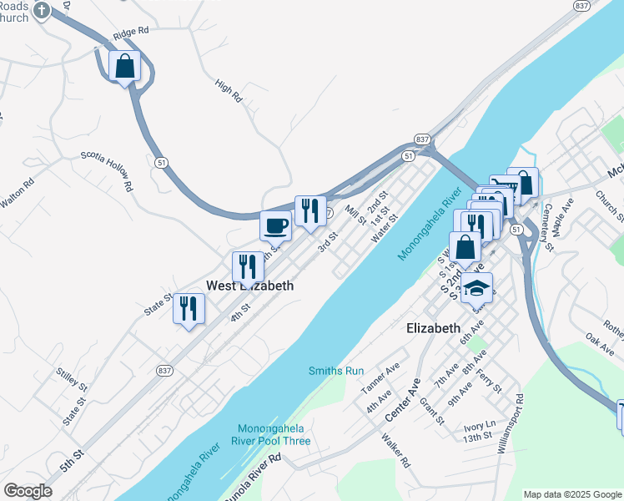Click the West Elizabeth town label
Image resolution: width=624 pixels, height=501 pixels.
pyautogui.click(x=250, y=286)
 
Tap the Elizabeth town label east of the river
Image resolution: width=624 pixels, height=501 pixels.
pyautogui.click(x=433, y=328)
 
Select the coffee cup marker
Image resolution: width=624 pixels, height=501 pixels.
pyautogui.click(x=275, y=225)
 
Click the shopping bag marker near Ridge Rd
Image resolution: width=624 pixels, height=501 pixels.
pyautogui.click(x=125, y=66)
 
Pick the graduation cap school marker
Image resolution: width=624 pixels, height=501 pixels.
pyautogui.click(x=476, y=288)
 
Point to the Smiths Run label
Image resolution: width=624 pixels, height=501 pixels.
pyautogui.click(x=336, y=370)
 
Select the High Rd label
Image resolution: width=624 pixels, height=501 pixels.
pyautogui.click(x=228, y=91)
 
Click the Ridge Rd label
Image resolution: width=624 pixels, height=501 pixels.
pyautogui.click(x=131, y=32)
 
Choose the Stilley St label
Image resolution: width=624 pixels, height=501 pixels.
pyautogui.click(x=72, y=381)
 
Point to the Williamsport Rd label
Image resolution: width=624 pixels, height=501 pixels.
pyautogui.click(x=511, y=423)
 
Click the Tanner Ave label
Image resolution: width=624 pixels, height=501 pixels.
pyautogui.click(x=380, y=377)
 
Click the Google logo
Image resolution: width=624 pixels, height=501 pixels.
pyautogui.click(x=28, y=491)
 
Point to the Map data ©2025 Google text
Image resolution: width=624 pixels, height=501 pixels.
pyautogui.click(x=571, y=494)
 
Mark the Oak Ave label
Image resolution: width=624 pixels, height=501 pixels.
pyautogui.click(x=600, y=341)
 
